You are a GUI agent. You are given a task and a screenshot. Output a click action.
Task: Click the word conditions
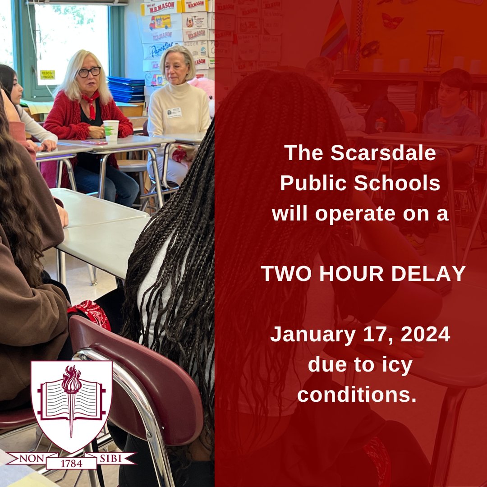click(357, 395)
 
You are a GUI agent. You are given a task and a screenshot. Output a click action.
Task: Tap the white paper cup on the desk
click(111, 130)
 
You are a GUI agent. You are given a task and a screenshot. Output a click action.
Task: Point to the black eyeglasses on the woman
click(89, 72)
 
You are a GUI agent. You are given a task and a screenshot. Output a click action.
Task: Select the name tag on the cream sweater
click(174, 113)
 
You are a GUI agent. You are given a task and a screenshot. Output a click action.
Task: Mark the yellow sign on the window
click(47, 75)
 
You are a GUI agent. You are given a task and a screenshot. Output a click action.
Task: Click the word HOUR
click(356, 274)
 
